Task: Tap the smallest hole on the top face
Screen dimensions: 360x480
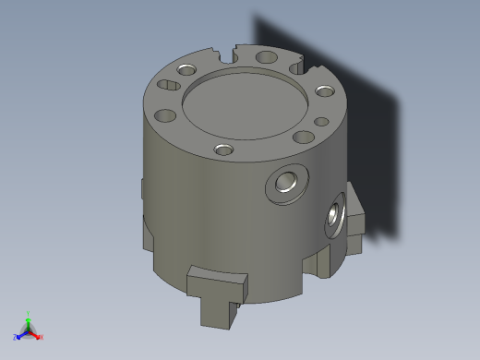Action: pos(320,121)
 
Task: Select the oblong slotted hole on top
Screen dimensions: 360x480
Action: pos(168,85)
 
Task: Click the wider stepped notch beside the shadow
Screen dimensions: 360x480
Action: pos(297,66)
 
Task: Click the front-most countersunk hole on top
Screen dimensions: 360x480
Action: pos(222,150)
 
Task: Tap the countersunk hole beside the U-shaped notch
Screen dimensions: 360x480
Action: pos(186,69)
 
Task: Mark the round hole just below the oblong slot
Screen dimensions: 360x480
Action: pos(165,115)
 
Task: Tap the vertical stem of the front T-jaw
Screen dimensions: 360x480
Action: pos(218,308)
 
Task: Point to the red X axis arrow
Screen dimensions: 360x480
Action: pos(36,334)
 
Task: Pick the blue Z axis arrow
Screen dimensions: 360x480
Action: pos(21,334)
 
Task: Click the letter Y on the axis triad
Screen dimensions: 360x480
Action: pos(29,312)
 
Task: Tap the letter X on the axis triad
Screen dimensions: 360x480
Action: pos(42,338)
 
